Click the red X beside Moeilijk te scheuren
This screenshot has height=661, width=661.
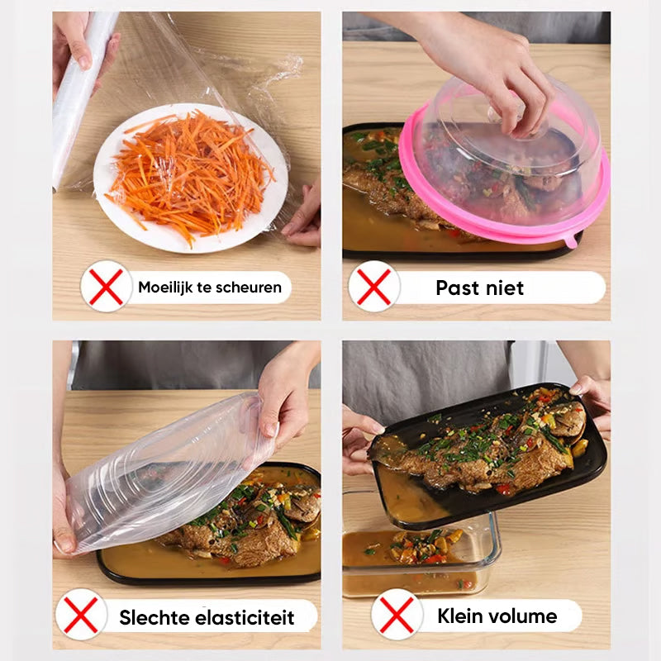coord(107,287)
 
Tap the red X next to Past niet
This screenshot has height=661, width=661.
coord(374,287)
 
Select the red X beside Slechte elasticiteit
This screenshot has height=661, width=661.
coord(81,615)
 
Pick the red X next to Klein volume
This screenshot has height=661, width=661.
coord(397,615)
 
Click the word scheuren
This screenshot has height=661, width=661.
coord(246,288)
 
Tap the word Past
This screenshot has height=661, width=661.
coord(457,288)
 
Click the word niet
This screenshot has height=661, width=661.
coord(505,288)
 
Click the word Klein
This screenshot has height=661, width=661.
coord(459,616)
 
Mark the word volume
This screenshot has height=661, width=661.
coord(522,616)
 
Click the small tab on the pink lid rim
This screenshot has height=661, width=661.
coord(571,241)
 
